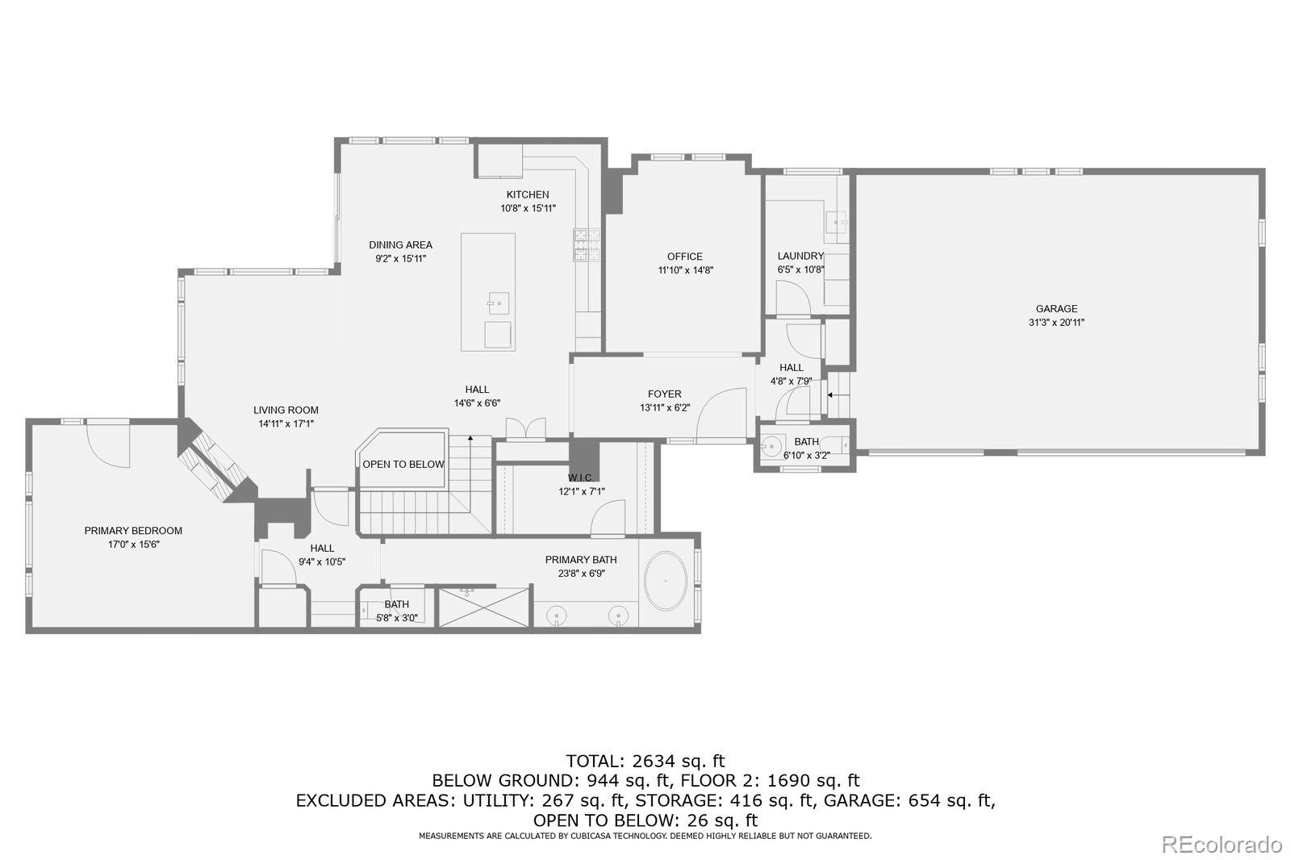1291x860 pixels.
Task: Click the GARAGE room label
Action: [1056, 309]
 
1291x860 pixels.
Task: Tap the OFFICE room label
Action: [685, 257]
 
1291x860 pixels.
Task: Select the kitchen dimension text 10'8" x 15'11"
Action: [528, 208]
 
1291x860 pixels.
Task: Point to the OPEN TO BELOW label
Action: [403, 465]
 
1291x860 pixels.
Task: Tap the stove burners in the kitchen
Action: [587, 245]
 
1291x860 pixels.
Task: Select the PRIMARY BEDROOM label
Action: [133, 531]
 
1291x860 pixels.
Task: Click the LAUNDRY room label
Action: [800, 256]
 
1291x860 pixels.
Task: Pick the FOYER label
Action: [665, 395]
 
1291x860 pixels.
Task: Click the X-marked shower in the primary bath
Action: [484, 607]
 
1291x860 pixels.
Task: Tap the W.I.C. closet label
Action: [580, 478]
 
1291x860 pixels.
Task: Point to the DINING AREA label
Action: [400, 245]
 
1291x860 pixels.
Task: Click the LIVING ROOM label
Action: [286, 411]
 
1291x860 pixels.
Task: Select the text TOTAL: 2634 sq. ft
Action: [645, 762]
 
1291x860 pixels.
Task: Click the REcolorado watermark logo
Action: [1222, 845]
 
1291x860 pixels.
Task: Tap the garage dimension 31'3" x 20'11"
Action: [1056, 323]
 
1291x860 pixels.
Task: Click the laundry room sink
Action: [836, 221]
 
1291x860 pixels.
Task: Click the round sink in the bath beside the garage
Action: [770, 445]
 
